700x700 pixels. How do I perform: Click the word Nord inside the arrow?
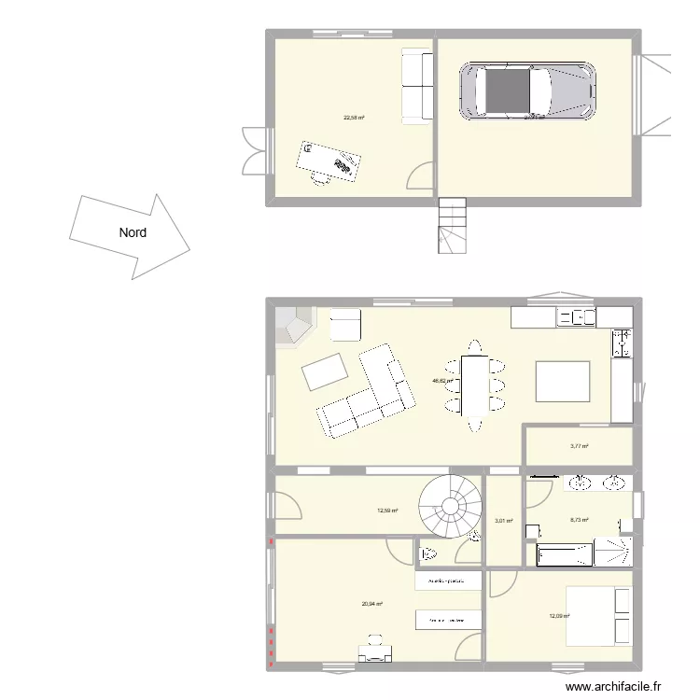tap(132, 233)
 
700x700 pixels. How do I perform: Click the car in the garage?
tap(527, 91)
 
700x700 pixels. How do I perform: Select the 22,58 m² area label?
tap(354, 119)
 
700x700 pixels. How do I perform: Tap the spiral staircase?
tap(451, 507)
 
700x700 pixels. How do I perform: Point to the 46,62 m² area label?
tap(441, 381)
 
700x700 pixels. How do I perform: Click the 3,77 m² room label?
tap(580, 446)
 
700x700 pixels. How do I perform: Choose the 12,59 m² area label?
tap(387, 511)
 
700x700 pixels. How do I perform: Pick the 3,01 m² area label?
tap(504, 521)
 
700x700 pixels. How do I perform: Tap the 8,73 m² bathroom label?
tap(580, 521)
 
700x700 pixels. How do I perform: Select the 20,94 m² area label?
tap(372, 604)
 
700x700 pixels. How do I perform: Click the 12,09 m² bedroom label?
tap(560, 616)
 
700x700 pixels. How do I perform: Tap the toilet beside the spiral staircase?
tap(429, 553)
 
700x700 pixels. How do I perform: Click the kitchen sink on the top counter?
tap(576, 317)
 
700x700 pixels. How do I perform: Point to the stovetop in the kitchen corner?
tap(622, 343)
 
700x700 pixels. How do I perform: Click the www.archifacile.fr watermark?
tap(619, 686)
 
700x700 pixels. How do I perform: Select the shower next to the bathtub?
tap(614, 553)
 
